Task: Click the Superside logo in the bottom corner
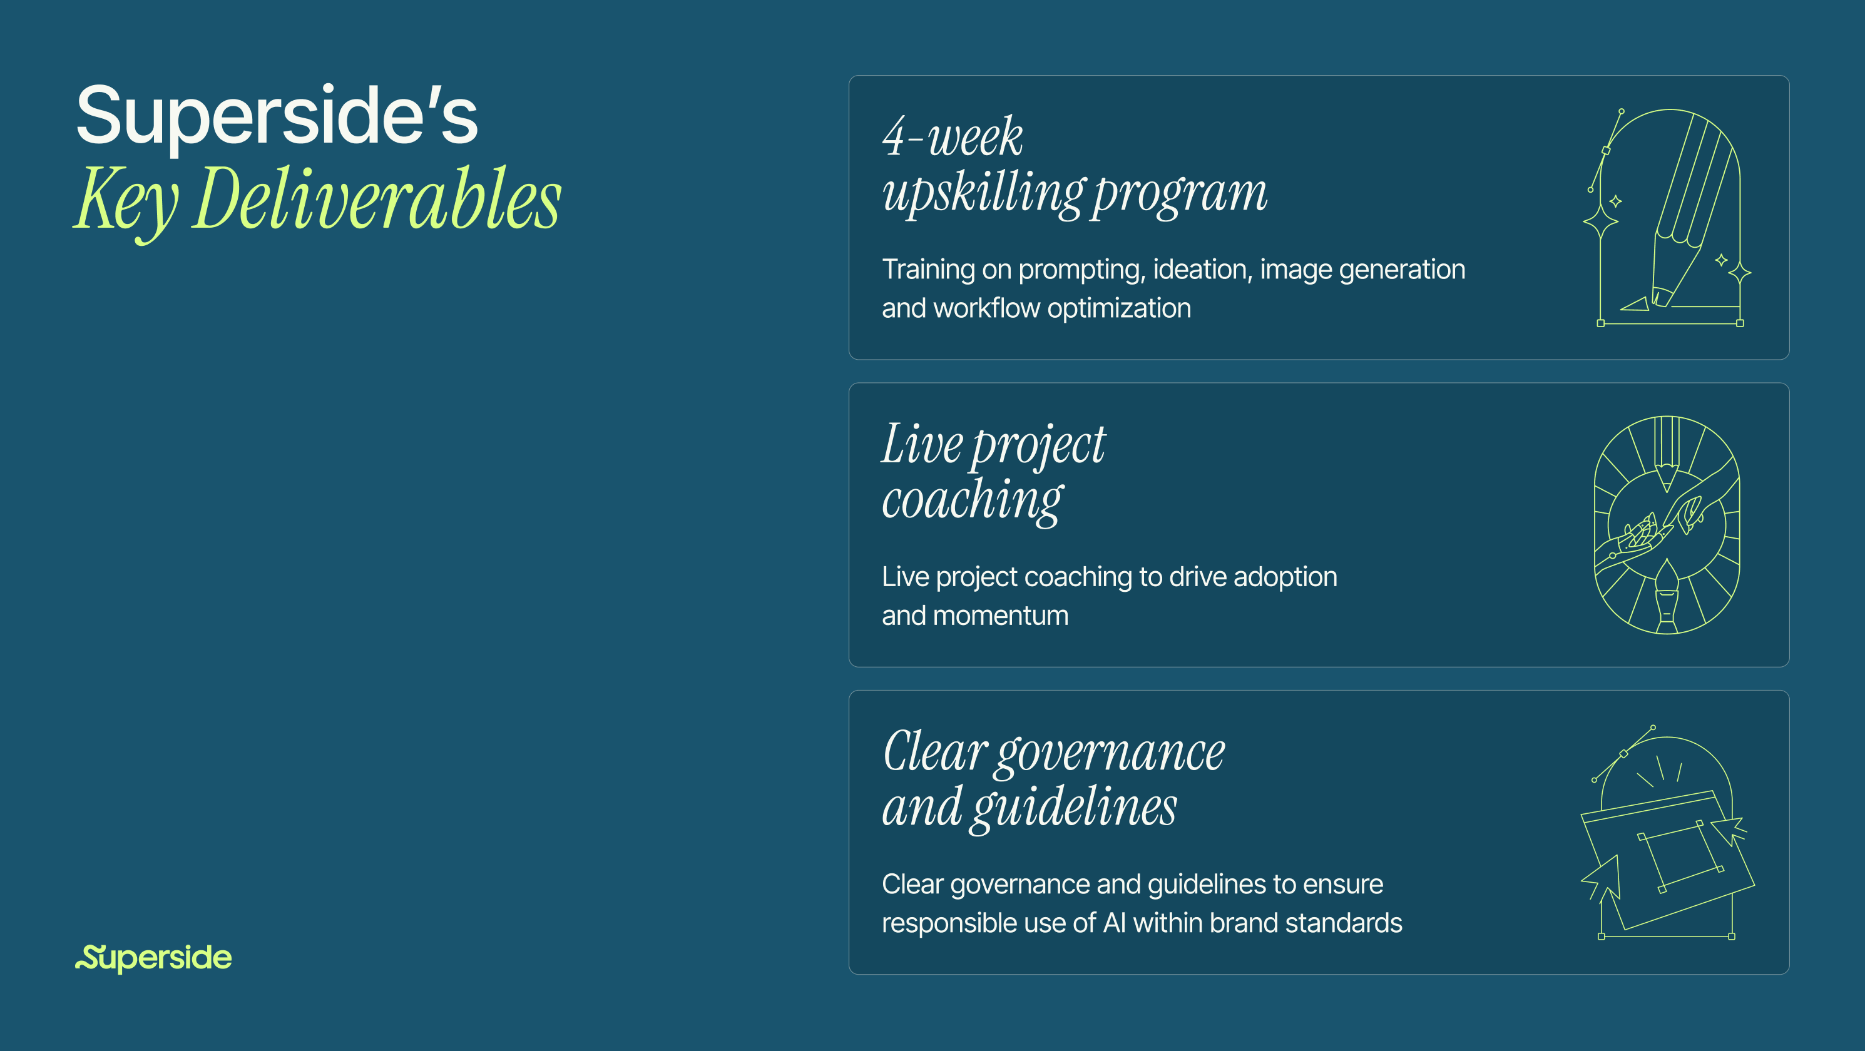tap(153, 958)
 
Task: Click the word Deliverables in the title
tap(377, 198)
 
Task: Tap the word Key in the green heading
tap(126, 200)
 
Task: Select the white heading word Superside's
tap(277, 116)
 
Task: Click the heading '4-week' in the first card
tap(952, 137)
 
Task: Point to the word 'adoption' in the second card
tap(1284, 577)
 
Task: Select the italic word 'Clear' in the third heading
tap(934, 751)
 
